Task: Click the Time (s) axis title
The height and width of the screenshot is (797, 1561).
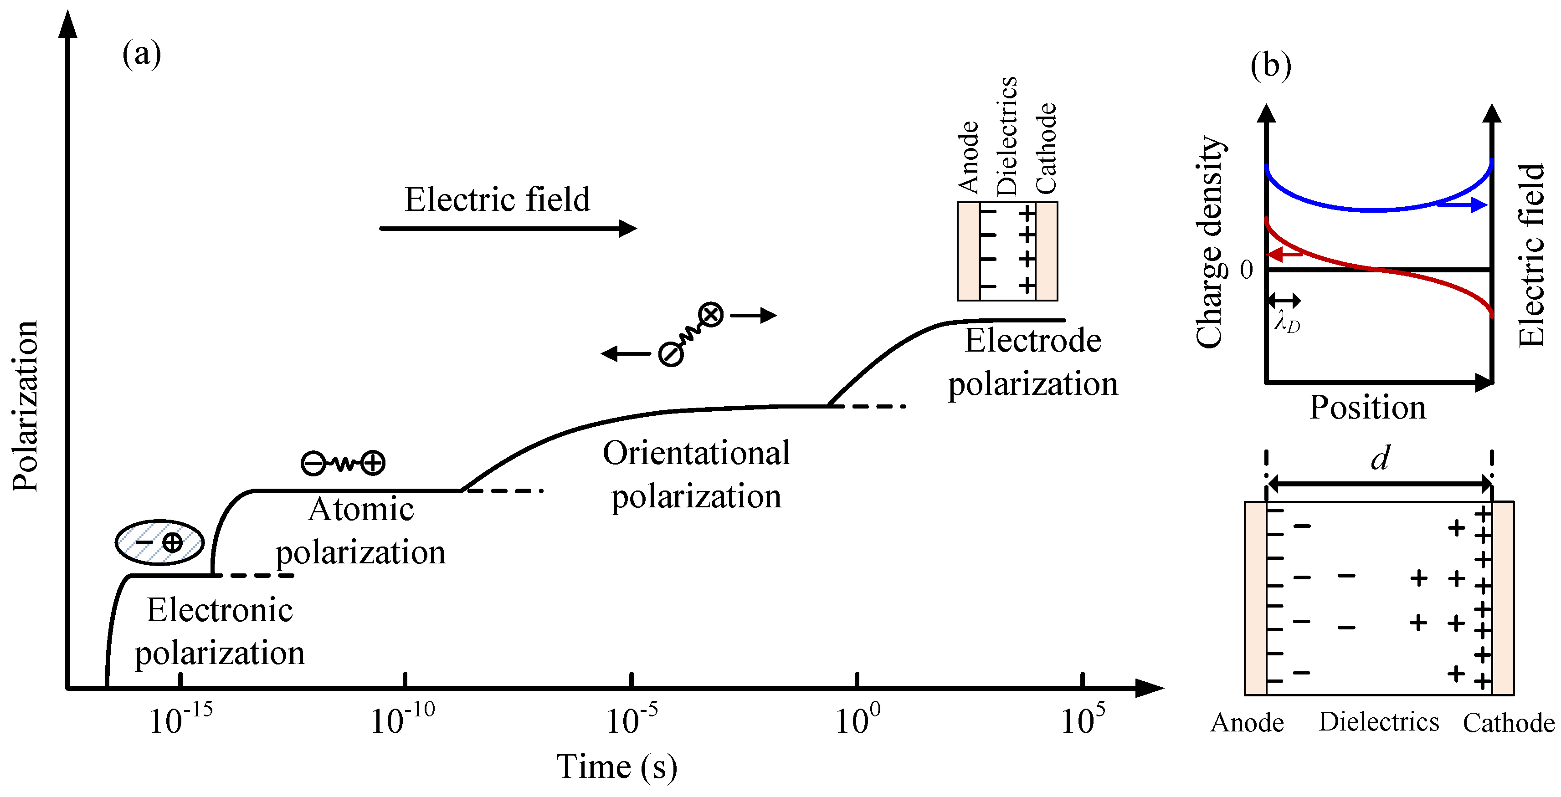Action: click(x=616, y=767)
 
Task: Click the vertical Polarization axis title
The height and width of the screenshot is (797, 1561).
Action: click(x=26, y=406)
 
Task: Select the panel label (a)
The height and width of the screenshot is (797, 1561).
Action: click(x=142, y=55)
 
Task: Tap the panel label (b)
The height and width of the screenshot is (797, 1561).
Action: click(x=1270, y=66)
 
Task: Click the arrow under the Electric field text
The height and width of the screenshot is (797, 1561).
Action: click(x=508, y=228)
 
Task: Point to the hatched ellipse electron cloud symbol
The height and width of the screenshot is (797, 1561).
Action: click(x=159, y=542)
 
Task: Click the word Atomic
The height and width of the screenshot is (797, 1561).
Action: click(x=361, y=509)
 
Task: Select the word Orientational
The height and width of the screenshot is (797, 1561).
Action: click(x=696, y=453)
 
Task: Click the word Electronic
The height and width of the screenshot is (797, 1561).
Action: click(x=220, y=610)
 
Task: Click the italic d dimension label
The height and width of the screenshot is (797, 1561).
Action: click(x=1380, y=459)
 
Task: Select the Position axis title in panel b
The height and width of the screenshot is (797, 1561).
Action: click(x=1368, y=408)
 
